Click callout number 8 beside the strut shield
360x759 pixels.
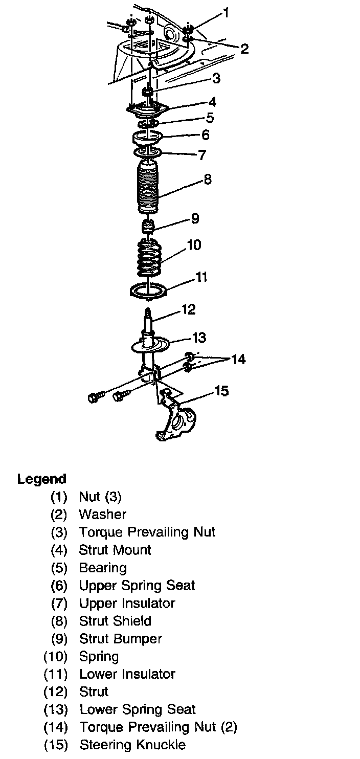(x=207, y=180)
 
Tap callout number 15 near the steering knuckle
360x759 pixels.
(x=221, y=391)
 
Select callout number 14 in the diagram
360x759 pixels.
(x=238, y=360)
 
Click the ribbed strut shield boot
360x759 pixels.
(x=148, y=188)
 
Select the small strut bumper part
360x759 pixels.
(x=148, y=226)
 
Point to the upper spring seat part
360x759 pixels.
(x=148, y=138)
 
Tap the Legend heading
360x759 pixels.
(x=42, y=479)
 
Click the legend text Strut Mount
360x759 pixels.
(x=115, y=550)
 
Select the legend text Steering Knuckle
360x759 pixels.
(x=132, y=745)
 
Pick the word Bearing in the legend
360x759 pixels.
(x=103, y=568)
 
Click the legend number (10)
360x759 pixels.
(x=56, y=656)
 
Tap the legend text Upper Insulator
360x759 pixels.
(x=127, y=603)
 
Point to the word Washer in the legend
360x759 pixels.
(x=102, y=514)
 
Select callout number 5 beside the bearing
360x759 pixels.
(x=210, y=118)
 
